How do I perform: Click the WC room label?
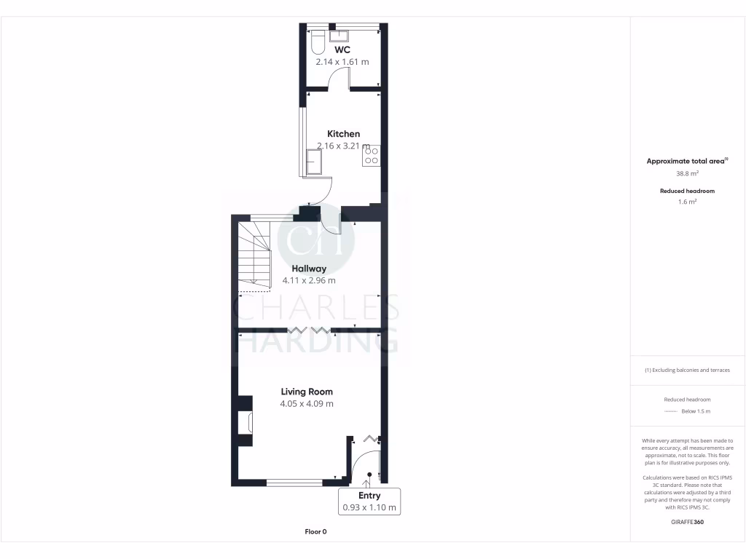click(x=342, y=49)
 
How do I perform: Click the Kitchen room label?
click(x=343, y=134)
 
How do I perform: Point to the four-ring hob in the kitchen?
click(x=371, y=156)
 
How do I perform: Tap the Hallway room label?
click(x=309, y=269)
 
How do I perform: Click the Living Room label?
click(x=307, y=392)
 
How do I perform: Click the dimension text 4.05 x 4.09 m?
click(x=307, y=404)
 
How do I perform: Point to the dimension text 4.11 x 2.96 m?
click(x=309, y=280)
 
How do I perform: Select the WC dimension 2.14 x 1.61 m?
click(x=342, y=62)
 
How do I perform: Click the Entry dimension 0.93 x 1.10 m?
click(x=370, y=507)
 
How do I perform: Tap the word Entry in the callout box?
click(x=370, y=496)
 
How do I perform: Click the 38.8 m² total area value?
click(x=688, y=173)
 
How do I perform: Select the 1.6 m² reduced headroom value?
click(x=688, y=202)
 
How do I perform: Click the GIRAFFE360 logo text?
click(x=688, y=522)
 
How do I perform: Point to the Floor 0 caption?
click(x=315, y=532)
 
